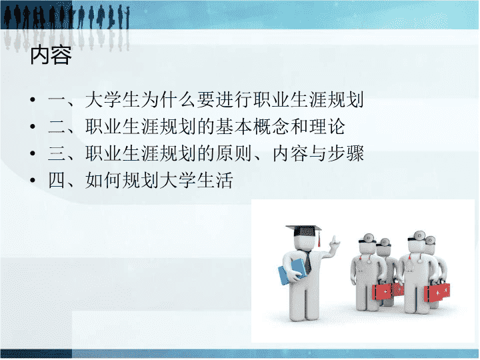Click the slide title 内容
click(x=51, y=55)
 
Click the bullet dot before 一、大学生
click(x=33, y=99)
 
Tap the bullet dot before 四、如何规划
click(x=33, y=180)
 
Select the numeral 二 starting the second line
click(x=57, y=127)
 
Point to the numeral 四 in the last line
click(x=57, y=180)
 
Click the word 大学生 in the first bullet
click(x=113, y=99)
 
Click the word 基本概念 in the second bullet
click(x=252, y=127)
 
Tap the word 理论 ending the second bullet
click(x=326, y=127)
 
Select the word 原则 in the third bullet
click(x=233, y=153)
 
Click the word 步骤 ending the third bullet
click(x=345, y=153)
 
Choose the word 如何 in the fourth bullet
click(x=103, y=180)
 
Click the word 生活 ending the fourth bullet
click(x=215, y=180)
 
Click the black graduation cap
click(x=303, y=230)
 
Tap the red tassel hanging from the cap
click(x=319, y=239)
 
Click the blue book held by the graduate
click(x=292, y=271)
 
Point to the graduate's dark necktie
click(x=307, y=261)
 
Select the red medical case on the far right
click(x=437, y=293)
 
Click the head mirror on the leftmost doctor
click(x=368, y=237)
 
